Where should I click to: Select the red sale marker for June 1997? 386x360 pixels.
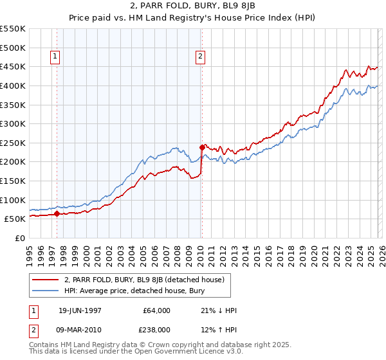pos(57,214)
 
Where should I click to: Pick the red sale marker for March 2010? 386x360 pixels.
pos(202,148)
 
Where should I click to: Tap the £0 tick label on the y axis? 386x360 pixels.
pos(19,238)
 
